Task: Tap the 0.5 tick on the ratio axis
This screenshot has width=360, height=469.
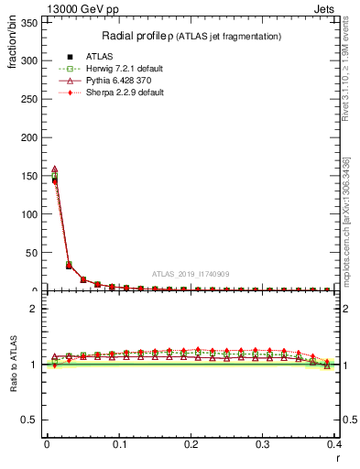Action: (34, 420)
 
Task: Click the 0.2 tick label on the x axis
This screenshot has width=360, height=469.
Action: (191, 443)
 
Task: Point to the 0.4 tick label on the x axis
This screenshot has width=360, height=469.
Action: (334, 443)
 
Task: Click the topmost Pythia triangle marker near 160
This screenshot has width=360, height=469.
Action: (54, 169)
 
